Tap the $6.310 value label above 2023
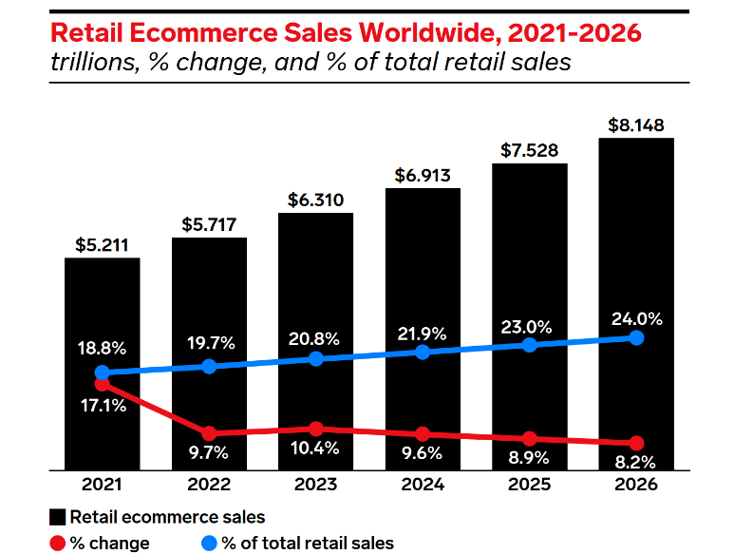pos(315,201)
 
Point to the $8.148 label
pos(636,125)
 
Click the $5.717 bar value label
pos(209,225)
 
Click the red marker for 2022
pos(209,433)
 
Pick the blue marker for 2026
pos(636,338)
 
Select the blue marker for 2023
pos(315,358)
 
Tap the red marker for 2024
pos(423,433)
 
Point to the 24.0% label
pos(636,318)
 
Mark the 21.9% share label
pos(423,334)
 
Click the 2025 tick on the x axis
pos(529,485)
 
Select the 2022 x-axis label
pos(209,485)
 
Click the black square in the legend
pos(58,517)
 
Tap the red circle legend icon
pos(58,543)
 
